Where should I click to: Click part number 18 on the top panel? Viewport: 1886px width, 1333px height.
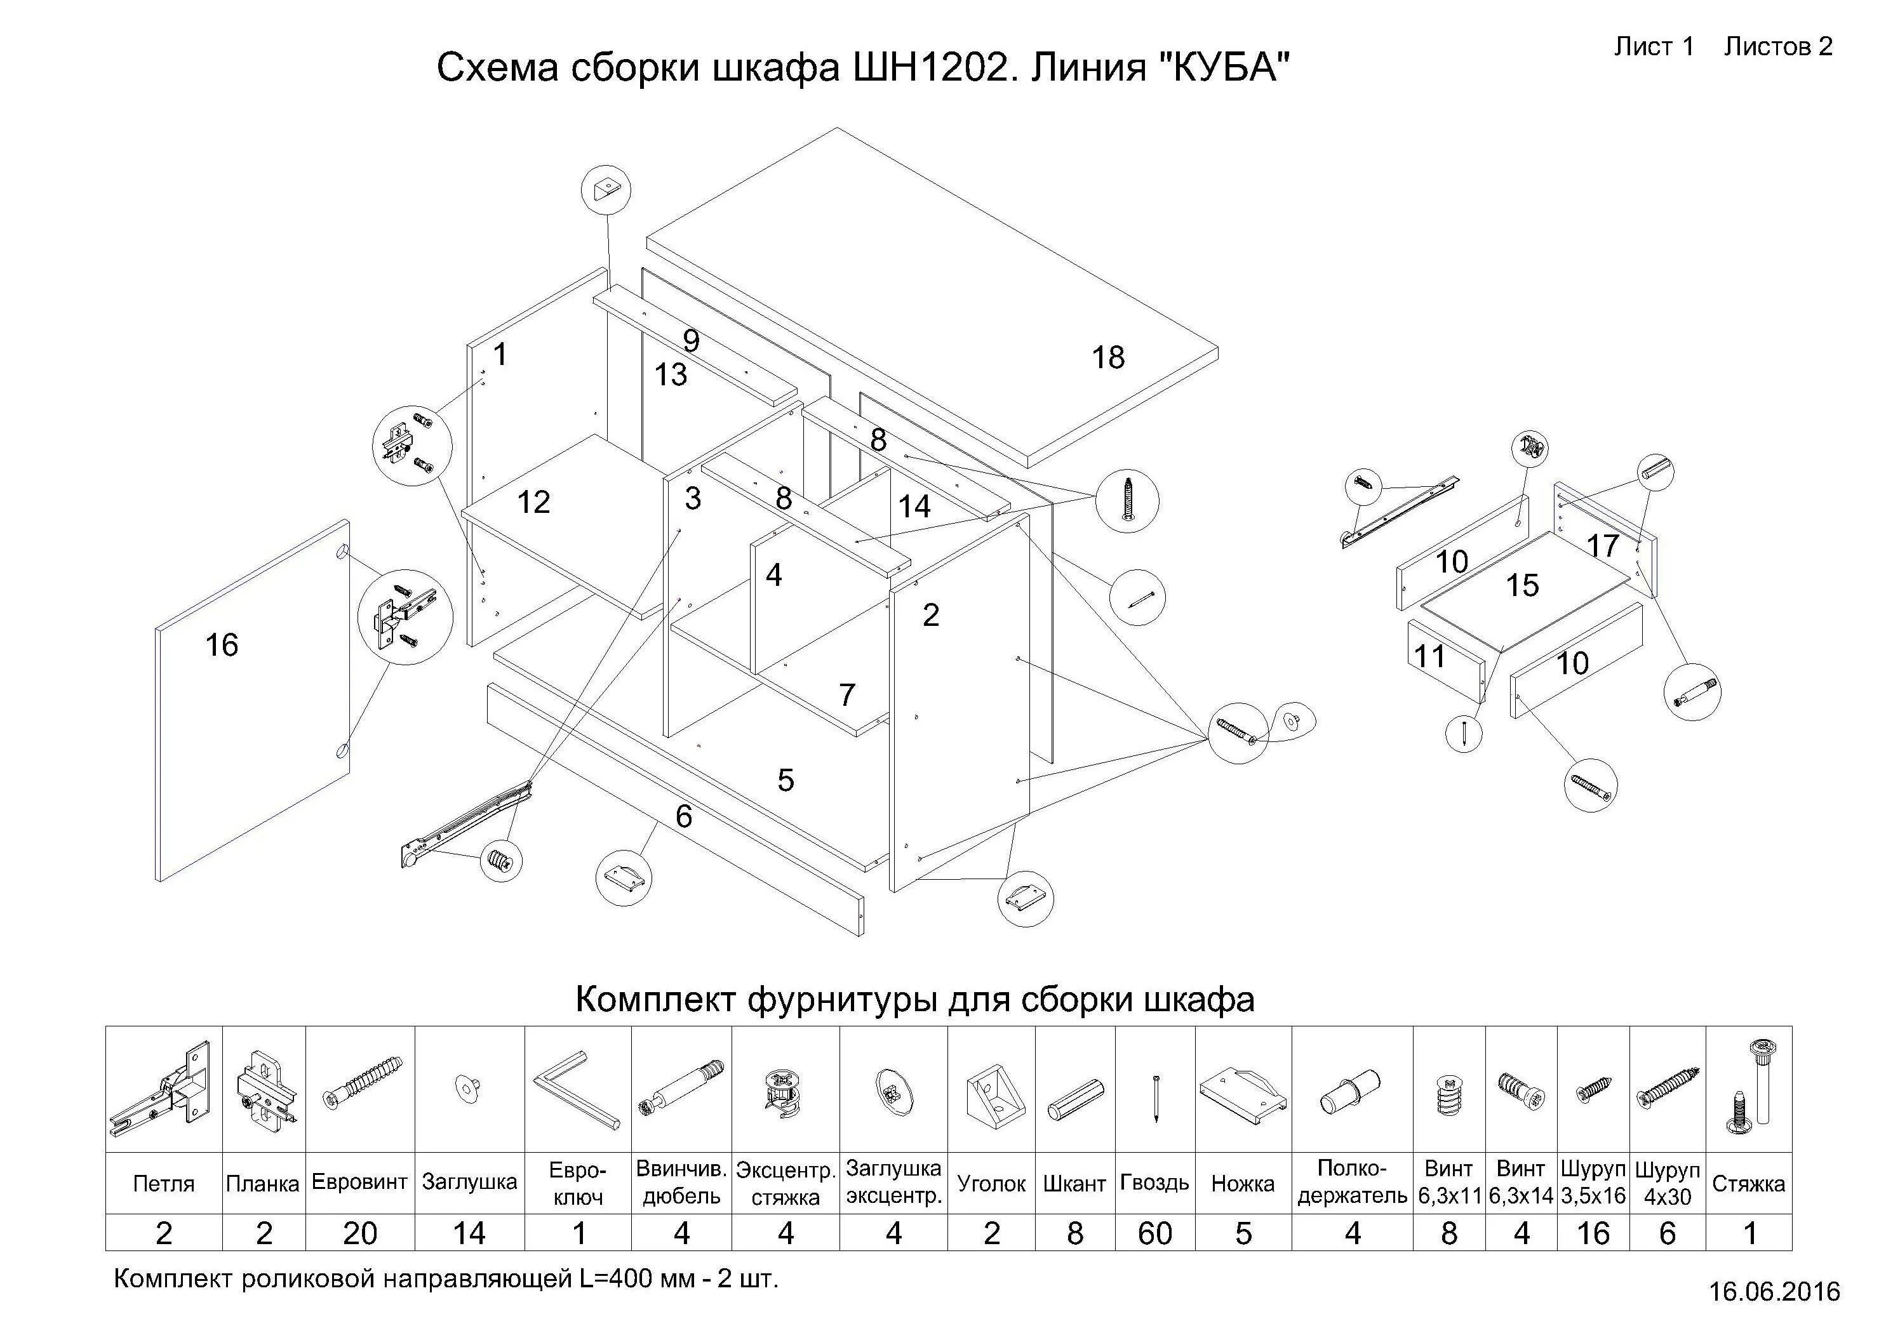tap(1107, 357)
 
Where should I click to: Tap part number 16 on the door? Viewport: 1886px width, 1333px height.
tap(222, 646)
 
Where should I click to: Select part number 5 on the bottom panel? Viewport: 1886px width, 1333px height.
tap(786, 780)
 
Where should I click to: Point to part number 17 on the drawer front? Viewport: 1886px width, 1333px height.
tap(1602, 546)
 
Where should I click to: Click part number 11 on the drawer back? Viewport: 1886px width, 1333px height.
tap(1429, 656)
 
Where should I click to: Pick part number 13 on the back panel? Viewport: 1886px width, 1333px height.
tap(671, 375)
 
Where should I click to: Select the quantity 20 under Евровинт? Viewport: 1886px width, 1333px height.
tap(360, 1233)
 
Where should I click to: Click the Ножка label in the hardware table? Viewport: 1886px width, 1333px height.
tap(1242, 1184)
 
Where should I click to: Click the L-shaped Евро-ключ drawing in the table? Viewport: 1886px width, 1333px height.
tap(577, 1091)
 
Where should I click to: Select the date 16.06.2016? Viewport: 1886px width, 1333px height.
tap(1774, 1292)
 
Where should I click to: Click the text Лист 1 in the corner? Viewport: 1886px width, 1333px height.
tap(1654, 47)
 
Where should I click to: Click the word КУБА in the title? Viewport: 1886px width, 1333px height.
tap(1225, 67)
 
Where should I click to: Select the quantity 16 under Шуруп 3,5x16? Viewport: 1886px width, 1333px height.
tap(1593, 1233)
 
